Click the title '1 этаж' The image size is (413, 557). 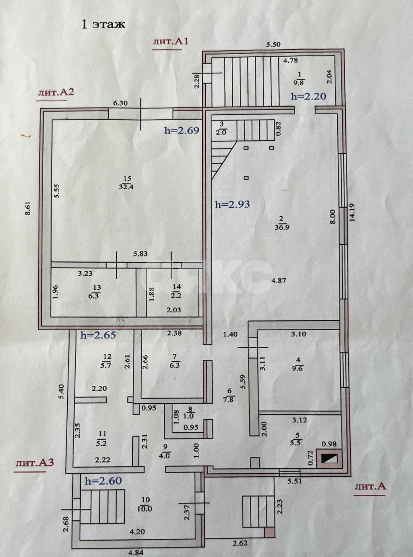point(103,24)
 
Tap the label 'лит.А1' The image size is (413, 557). point(171,42)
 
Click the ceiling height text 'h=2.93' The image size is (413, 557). point(232,205)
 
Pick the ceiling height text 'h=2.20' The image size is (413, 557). point(309,96)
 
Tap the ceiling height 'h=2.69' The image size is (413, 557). point(182,130)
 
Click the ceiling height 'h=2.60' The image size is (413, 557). point(103,481)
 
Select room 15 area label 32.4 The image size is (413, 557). point(127,183)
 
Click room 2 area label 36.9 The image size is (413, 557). point(281,223)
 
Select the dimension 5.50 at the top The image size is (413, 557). point(273,44)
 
